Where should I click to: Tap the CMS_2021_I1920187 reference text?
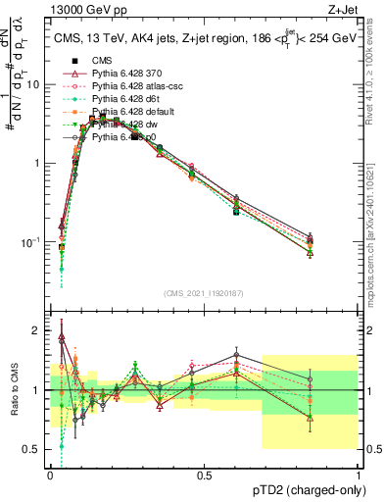coord(205,292)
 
